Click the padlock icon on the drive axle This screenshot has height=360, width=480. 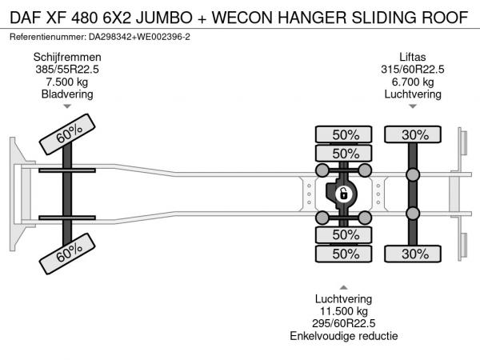coord(342,193)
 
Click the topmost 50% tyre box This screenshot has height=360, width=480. coord(345,134)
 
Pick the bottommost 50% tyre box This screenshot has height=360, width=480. coord(345,254)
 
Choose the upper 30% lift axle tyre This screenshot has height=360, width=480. coord(414,134)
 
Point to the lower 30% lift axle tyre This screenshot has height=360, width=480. coord(414,254)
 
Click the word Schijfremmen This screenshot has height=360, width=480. coord(66,57)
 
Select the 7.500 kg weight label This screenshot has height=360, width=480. coord(66,82)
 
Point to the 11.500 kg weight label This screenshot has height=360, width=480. coord(344,311)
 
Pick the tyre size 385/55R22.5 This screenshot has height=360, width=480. coord(66,69)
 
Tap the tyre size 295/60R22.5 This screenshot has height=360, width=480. coord(344,323)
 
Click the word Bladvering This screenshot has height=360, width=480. coord(66,94)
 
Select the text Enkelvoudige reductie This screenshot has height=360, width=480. coord(344,336)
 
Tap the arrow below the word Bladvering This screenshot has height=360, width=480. coord(67,106)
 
